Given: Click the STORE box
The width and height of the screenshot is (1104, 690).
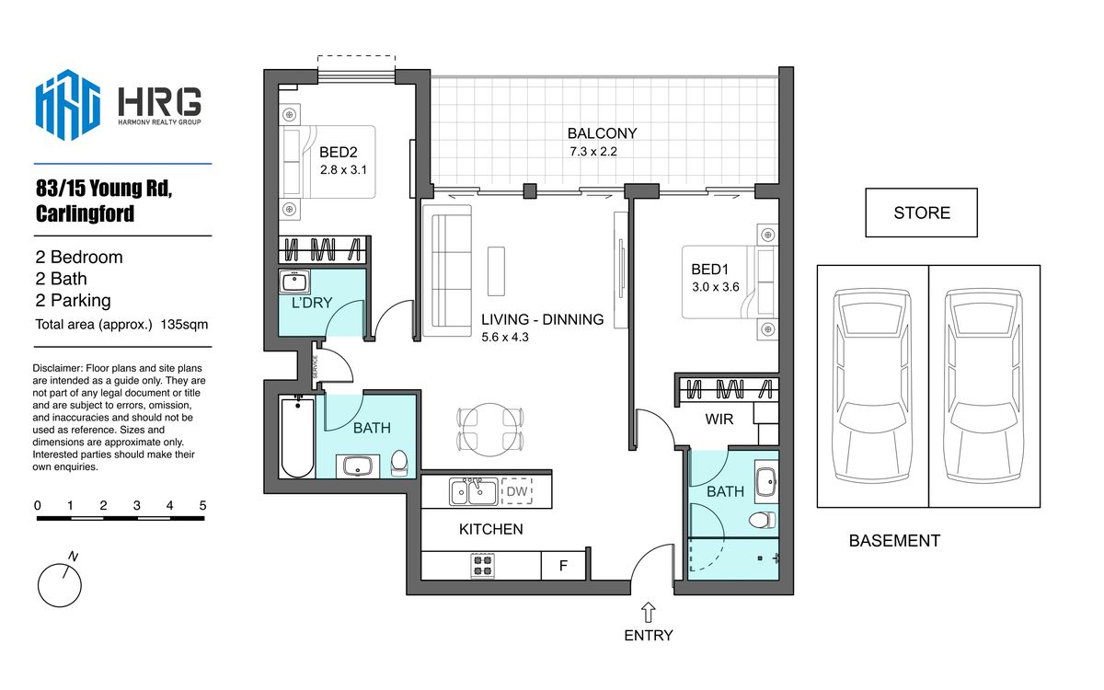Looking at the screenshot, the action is pos(921,213).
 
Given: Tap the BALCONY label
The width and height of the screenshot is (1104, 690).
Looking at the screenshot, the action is pos(602,133).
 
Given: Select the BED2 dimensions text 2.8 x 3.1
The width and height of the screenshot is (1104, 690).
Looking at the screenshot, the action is pos(343,170).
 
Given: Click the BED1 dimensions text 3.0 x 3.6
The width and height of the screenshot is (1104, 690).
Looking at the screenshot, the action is pos(715,287).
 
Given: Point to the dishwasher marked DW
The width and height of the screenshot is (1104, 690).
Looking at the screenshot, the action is pos(517,491).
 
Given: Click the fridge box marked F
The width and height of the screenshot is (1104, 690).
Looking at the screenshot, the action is pos(563,565).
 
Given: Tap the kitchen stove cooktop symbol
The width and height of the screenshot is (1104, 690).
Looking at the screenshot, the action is pos(482,565).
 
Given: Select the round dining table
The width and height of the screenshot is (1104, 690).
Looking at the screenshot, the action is pos(489,430).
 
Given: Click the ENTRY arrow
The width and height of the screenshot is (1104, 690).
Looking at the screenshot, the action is pos(648,613).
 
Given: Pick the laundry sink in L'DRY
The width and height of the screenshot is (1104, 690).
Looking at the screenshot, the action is pos(294,282).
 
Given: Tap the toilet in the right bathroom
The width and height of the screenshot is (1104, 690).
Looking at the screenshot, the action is pos(762,520).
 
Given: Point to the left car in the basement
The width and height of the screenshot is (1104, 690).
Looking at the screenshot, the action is pos(872,385).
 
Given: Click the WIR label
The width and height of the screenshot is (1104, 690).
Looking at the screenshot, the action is pos(719,420).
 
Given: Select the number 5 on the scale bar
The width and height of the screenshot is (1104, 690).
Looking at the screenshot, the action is pos(202,505).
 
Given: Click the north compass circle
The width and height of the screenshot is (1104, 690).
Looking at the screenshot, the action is pos(59,585).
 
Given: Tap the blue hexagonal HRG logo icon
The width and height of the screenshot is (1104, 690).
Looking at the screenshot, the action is pos(68,105).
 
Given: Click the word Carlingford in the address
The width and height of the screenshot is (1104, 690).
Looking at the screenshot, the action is pos(85,213).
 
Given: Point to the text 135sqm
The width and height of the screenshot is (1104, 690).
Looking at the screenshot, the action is pos(184,324).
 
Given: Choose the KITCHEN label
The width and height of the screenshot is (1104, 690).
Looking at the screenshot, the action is pos(491,529).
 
